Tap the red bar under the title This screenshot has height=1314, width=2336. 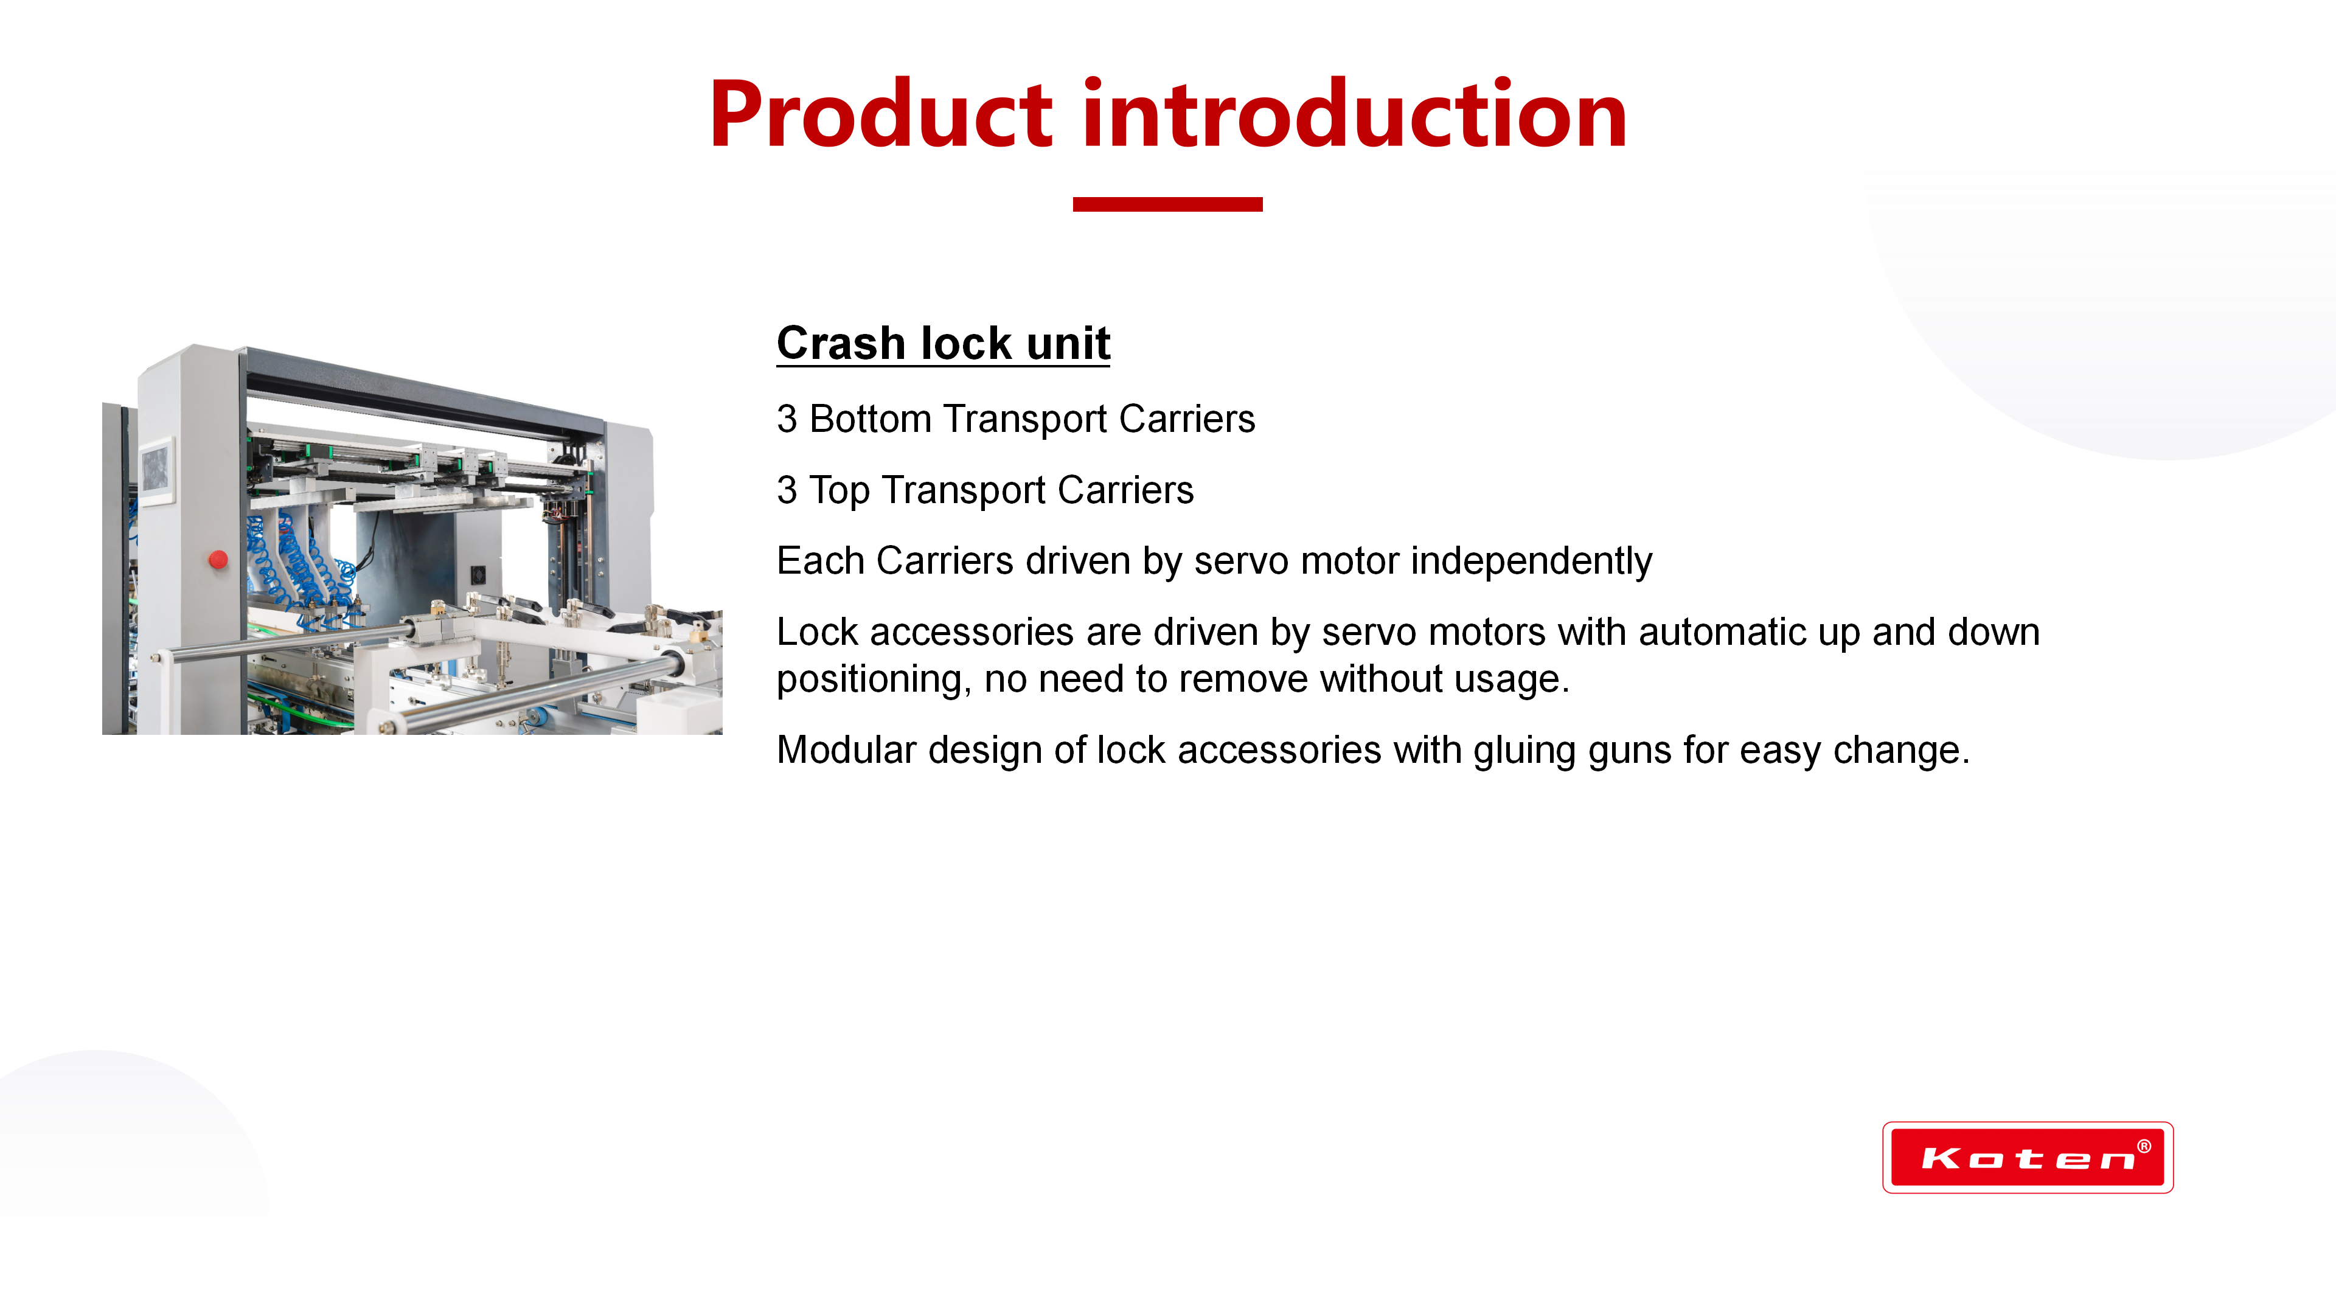pyautogui.click(x=1167, y=204)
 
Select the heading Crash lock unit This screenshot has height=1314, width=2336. pyautogui.click(x=943, y=344)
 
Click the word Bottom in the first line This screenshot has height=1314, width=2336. pyautogui.click(x=870, y=419)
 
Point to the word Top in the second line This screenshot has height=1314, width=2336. pyautogui.click(x=839, y=490)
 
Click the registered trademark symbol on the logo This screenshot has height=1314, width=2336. pyautogui.click(x=2144, y=1146)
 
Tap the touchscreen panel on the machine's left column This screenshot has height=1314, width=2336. pyautogui.click(x=156, y=471)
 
